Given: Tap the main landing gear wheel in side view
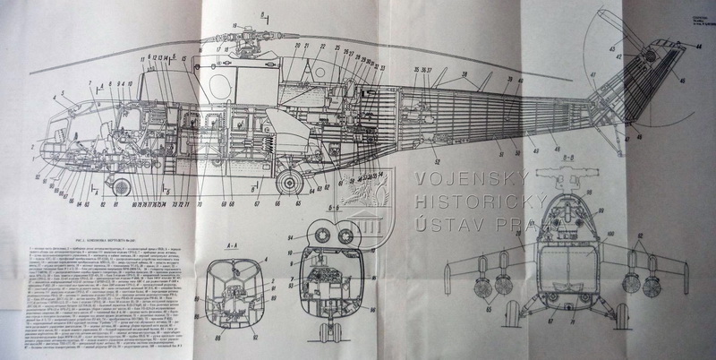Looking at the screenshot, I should point(288,182).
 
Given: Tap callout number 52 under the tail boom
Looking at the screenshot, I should point(438,160).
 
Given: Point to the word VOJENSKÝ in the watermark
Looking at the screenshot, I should point(469,179).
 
